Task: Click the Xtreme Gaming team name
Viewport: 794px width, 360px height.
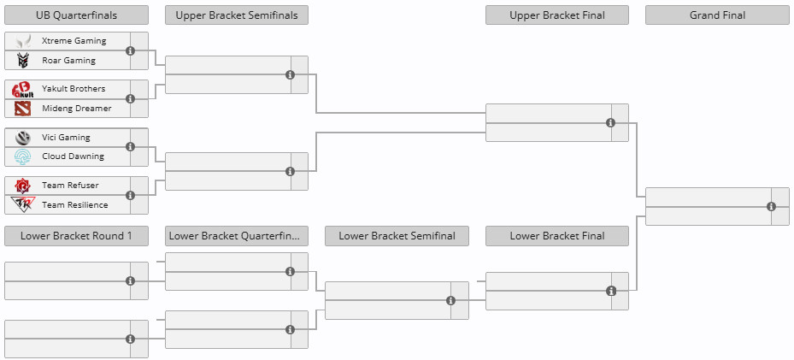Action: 74,40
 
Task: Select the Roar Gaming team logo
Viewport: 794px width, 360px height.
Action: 23,60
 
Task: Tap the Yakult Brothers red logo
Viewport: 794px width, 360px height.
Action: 23,89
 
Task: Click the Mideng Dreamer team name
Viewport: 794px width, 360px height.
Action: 76,108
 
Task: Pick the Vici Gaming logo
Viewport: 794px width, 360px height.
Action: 23,137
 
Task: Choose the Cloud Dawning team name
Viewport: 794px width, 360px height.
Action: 73,156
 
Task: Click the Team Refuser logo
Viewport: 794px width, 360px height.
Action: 23,186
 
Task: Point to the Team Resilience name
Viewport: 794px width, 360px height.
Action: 75,204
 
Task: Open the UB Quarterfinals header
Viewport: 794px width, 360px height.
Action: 76,15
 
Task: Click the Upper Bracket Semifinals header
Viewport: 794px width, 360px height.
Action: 237,15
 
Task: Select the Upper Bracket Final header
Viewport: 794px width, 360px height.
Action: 557,15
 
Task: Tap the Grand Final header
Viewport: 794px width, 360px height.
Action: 717,15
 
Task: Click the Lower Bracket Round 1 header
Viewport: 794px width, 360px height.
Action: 76,236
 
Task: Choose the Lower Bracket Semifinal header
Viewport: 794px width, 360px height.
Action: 397,236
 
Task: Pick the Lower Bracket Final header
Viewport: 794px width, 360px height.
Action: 557,236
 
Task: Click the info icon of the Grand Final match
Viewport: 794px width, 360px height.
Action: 771,207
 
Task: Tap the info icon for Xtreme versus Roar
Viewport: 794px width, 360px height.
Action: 130,50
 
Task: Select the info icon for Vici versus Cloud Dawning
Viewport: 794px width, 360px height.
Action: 130,147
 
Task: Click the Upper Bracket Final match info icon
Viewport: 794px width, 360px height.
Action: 611,122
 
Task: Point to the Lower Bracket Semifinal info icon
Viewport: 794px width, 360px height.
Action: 450,301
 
